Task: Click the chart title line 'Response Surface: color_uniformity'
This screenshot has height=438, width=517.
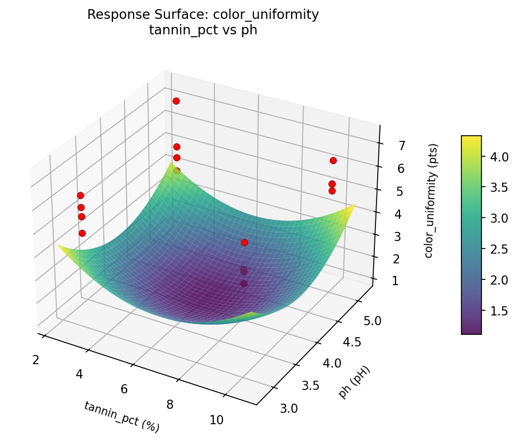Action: tap(203, 15)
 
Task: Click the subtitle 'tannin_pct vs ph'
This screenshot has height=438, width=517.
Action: tap(203, 30)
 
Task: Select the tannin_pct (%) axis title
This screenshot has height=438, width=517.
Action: tap(122, 416)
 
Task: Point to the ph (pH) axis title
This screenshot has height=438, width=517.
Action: tap(354, 382)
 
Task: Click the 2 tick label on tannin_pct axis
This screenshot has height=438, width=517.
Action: tap(36, 360)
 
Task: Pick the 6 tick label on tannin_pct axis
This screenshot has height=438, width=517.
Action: tap(124, 389)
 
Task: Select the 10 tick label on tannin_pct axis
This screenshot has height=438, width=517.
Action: tap(217, 420)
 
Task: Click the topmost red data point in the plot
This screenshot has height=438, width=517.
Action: tap(176, 101)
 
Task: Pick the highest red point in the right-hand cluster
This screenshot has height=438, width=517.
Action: tap(333, 160)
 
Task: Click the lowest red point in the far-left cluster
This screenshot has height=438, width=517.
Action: tap(83, 233)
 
